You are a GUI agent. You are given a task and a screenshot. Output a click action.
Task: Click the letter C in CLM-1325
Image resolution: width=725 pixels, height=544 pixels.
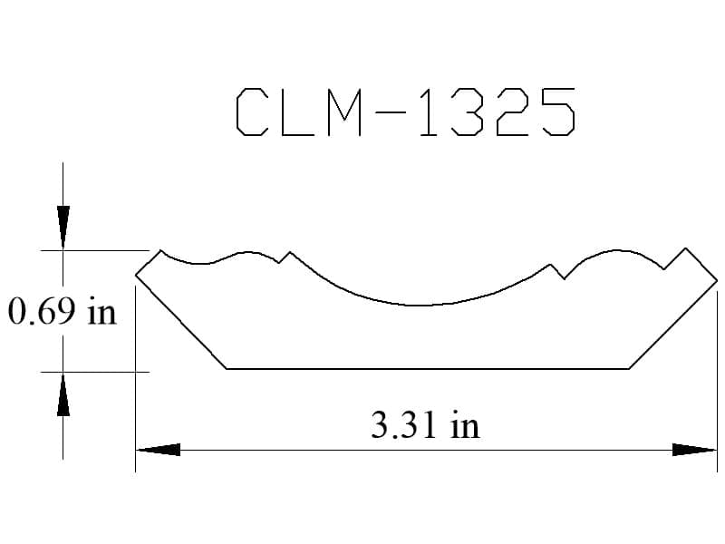click(x=252, y=112)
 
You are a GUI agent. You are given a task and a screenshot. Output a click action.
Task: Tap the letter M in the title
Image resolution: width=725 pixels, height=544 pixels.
click(x=344, y=112)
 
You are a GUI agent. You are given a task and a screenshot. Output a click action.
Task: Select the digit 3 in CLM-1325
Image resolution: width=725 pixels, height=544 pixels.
click(x=467, y=112)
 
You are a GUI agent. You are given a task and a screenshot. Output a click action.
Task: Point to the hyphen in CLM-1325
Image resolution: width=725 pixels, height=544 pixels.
click(x=390, y=112)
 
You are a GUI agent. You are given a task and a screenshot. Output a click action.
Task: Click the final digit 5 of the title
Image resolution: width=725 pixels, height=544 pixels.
click(x=559, y=112)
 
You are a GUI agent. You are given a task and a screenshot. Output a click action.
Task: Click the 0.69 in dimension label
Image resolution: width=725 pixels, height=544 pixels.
click(x=62, y=312)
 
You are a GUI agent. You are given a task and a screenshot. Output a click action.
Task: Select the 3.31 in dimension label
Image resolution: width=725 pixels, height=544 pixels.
click(x=425, y=425)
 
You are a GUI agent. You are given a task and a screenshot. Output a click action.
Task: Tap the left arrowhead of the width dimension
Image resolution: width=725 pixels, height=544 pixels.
click(x=158, y=450)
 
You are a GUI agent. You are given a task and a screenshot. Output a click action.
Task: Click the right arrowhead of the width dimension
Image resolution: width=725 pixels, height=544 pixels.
click(x=694, y=450)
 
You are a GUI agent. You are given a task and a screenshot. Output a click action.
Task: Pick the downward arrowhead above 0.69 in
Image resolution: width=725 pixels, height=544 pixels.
click(x=63, y=228)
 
